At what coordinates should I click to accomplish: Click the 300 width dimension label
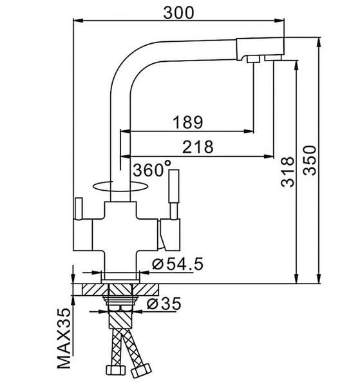[178, 13]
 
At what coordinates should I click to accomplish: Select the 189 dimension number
[188, 122]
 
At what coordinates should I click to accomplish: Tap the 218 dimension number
[198, 147]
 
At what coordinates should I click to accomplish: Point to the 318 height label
[287, 171]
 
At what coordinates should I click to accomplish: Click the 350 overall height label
[310, 160]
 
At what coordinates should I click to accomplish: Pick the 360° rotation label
[152, 169]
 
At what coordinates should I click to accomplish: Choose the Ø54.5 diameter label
[178, 264]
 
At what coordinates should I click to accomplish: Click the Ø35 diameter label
[164, 304]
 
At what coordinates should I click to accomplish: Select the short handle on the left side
[79, 209]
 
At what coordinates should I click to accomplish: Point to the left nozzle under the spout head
[253, 59]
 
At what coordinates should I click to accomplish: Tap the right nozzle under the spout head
[273, 58]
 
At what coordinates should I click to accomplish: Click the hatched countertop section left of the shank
[95, 289]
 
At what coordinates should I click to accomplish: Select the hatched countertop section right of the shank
[146, 289]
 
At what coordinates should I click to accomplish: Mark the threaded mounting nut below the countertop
[120, 301]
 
